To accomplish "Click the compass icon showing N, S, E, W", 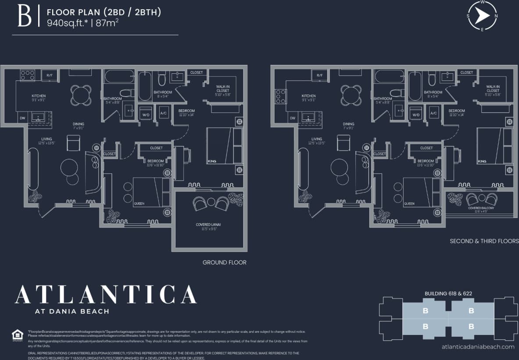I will tap(482, 17).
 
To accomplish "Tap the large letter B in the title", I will tap(24, 17).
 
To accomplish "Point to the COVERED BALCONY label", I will tap(481, 208).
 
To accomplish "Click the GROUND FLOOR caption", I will tap(224, 263).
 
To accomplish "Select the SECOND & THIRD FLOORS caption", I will tap(484, 241).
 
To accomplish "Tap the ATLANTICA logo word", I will tap(106, 295).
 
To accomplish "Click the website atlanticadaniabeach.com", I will tap(478, 346).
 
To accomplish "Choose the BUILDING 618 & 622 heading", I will tap(448, 293).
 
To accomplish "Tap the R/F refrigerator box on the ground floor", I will tap(50, 76).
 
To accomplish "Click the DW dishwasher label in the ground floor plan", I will tap(22, 118).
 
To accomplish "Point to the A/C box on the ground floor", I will tap(164, 113).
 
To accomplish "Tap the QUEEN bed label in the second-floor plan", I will tap(409, 204).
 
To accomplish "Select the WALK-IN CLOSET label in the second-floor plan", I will tap(493, 91).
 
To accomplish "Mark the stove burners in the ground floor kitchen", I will tap(27, 75).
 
